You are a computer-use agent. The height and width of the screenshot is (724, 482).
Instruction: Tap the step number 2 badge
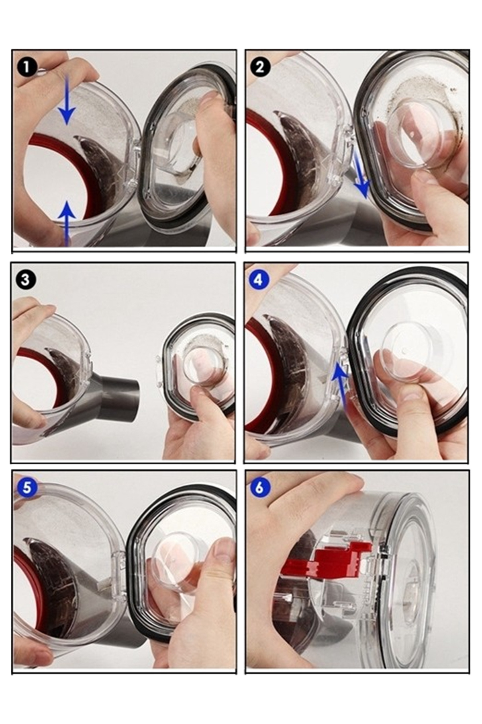[260, 66]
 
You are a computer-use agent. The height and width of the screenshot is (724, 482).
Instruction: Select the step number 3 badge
[25, 279]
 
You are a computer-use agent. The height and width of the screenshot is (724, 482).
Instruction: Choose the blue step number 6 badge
[259, 487]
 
